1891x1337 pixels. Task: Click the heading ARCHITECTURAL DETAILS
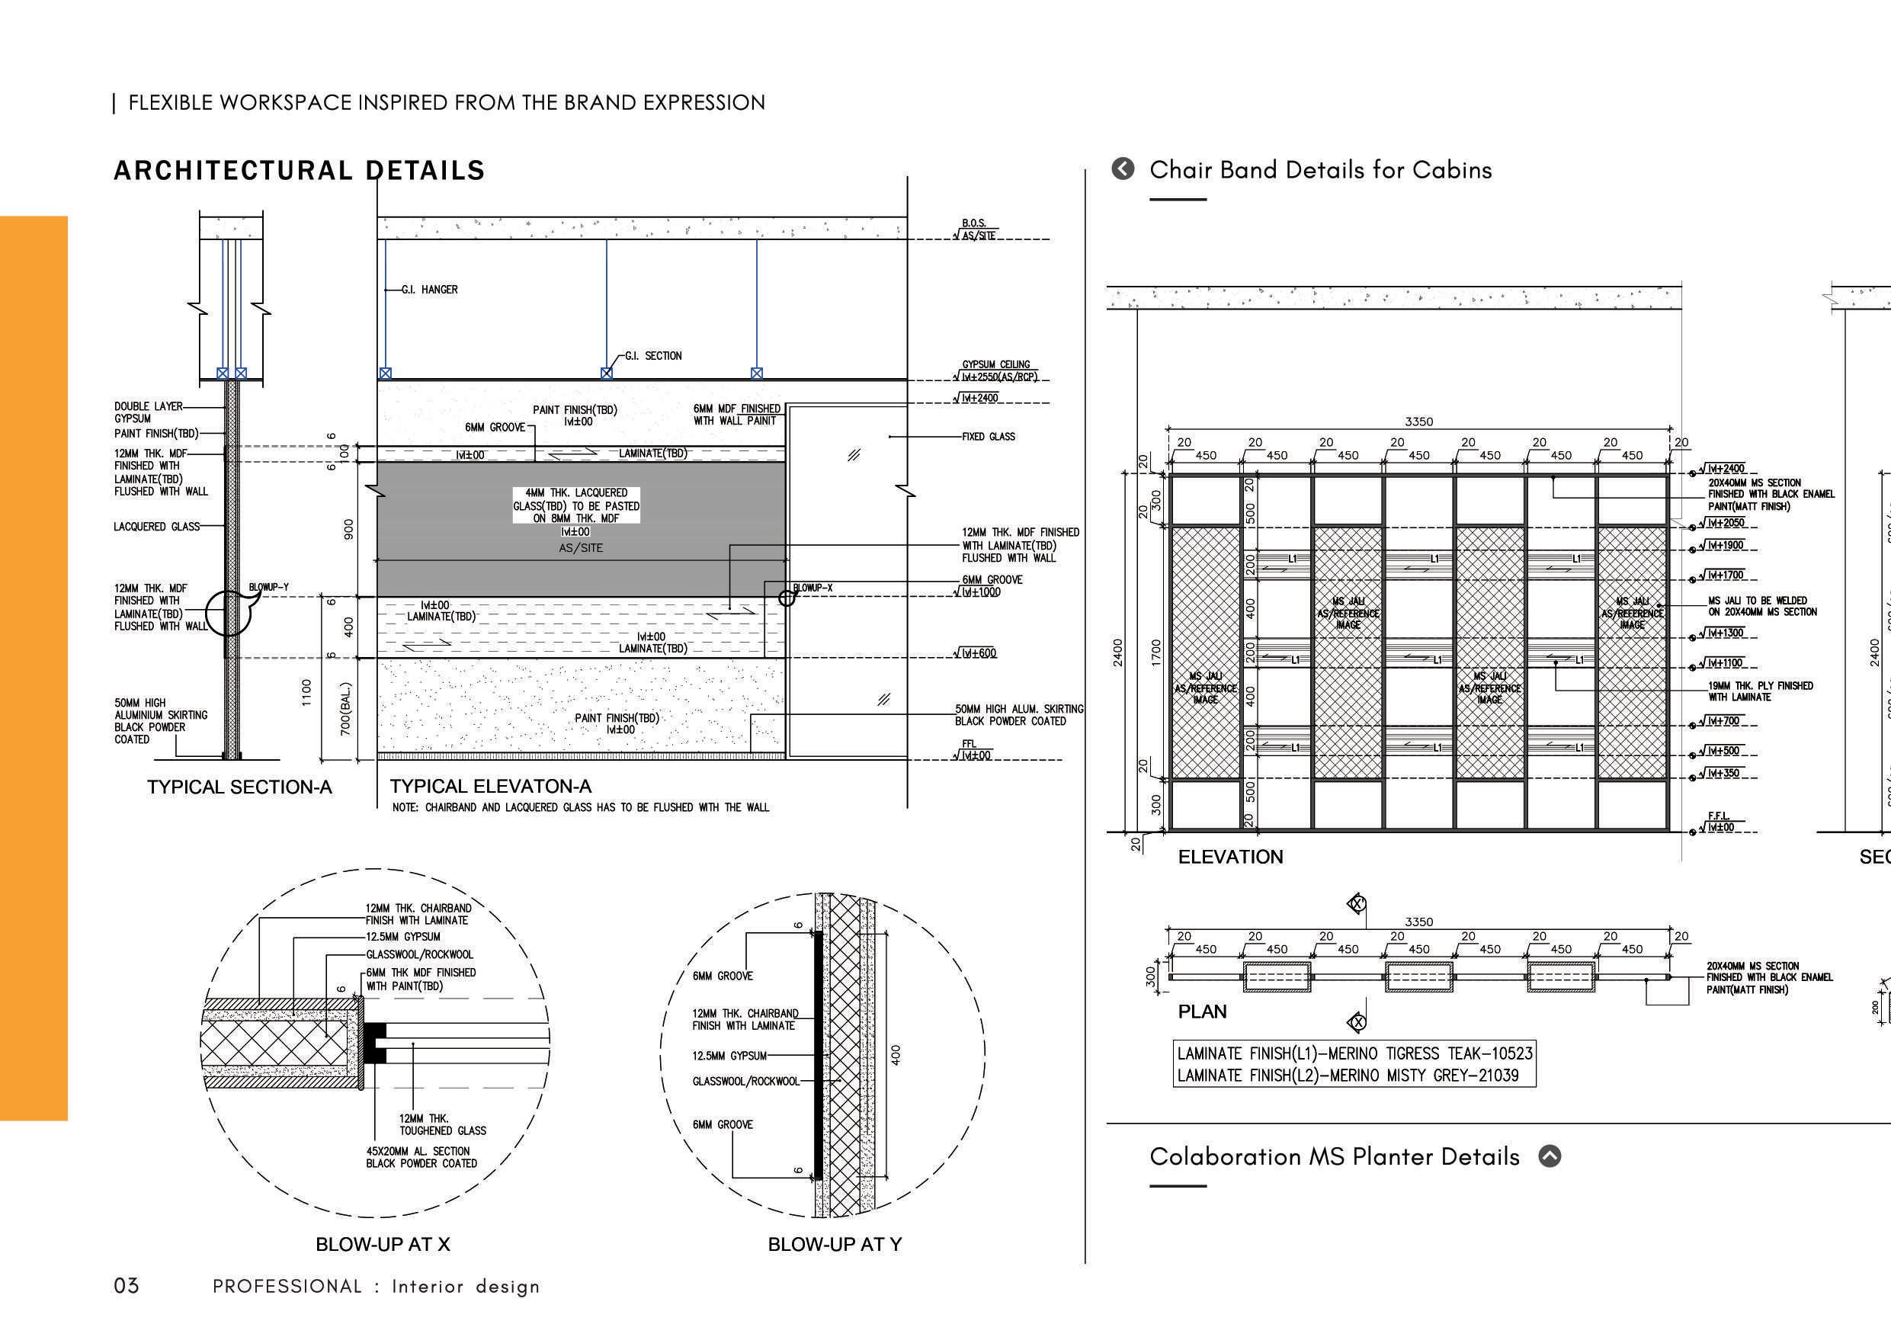click(x=299, y=171)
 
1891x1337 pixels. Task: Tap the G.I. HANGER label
click(x=429, y=290)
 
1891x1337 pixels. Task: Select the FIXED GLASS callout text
click(x=989, y=437)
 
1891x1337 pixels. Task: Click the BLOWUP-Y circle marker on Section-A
click(x=228, y=613)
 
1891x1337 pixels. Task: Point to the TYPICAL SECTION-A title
click(x=239, y=787)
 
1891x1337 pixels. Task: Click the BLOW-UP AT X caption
click(x=383, y=1245)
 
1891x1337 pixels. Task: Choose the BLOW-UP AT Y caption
click(x=835, y=1245)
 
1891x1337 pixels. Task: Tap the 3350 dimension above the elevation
click(x=1418, y=422)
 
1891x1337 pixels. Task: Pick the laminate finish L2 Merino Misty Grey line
click(x=1348, y=1076)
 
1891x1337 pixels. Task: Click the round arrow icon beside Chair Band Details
click(x=1123, y=169)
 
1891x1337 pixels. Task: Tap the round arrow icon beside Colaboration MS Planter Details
click(x=1550, y=1156)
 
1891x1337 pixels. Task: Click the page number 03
click(x=126, y=1286)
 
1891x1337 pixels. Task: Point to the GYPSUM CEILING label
click(x=995, y=365)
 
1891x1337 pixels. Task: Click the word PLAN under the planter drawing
click(x=1202, y=1012)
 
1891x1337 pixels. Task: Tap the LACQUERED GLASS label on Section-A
click(x=156, y=527)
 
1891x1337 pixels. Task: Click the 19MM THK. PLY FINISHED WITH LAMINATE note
click(x=1760, y=691)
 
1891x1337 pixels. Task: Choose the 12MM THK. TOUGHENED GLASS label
click(x=442, y=1124)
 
